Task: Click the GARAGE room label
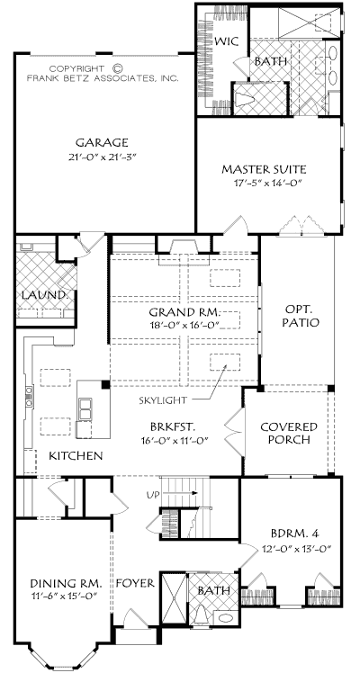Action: pyautogui.click(x=102, y=142)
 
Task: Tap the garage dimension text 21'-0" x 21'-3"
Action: pyautogui.click(x=102, y=157)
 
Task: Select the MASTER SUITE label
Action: pyautogui.click(x=264, y=168)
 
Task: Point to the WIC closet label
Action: pyautogui.click(x=224, y=41)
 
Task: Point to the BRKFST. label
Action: pyautogui.click(x=174, y=427)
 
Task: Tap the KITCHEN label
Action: pyautogui.click(x=75, y=456)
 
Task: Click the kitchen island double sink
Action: pyautogui.click(x=85, y=408)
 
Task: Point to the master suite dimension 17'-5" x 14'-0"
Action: pyautogui.click(x=264, y=183)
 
